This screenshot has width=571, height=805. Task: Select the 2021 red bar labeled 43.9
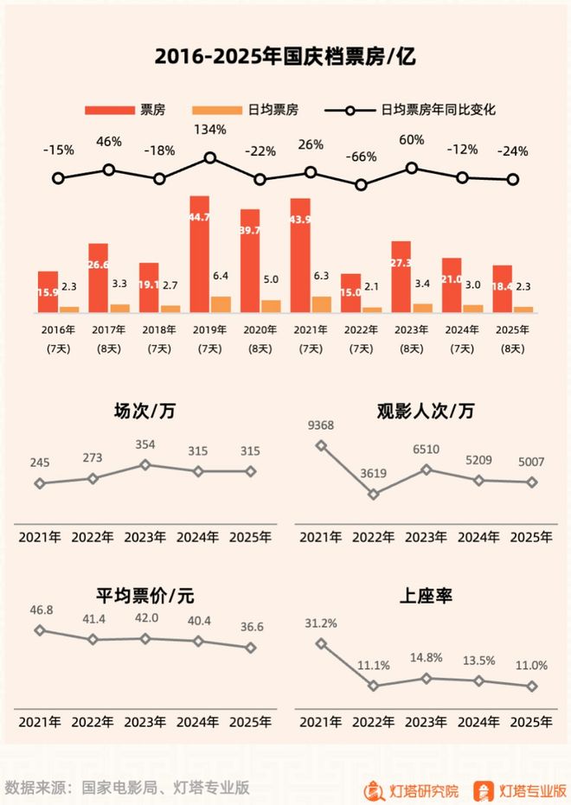coord(300,255)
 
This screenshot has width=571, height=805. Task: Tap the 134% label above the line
coord(209,131)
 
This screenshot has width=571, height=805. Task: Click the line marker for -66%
coord(362,184)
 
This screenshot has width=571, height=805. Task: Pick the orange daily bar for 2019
coord(221,303)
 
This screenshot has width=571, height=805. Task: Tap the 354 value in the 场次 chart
coord(146,444)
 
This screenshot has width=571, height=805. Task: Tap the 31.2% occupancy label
coord(322,623)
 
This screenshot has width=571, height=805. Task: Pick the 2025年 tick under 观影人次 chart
coord(531,536)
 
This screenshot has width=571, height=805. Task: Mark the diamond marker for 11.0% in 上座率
coord(532,687)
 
